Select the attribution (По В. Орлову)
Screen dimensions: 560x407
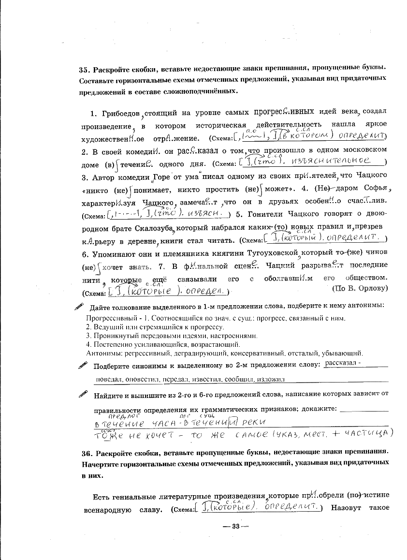tap(360, 288)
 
